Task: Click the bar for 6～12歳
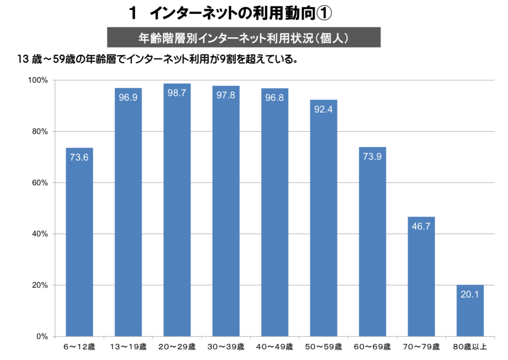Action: point(79,242)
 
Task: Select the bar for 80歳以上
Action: point(470,311)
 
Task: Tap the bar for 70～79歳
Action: point(421,277)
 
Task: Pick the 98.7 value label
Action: point(177,93)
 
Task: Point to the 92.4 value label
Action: point(323,109)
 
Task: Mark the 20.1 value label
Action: point(470,294)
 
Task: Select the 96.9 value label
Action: point(128,97)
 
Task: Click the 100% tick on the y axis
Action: point(37,80)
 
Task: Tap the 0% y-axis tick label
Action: point(42,337)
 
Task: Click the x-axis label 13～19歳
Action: point(128,347)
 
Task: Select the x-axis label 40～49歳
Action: point(275,347)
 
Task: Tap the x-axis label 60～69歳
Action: point(373,347)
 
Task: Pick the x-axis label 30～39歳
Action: point(226,347)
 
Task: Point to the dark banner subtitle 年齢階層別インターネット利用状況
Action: point(244,38)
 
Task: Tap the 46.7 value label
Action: point(421,226)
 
